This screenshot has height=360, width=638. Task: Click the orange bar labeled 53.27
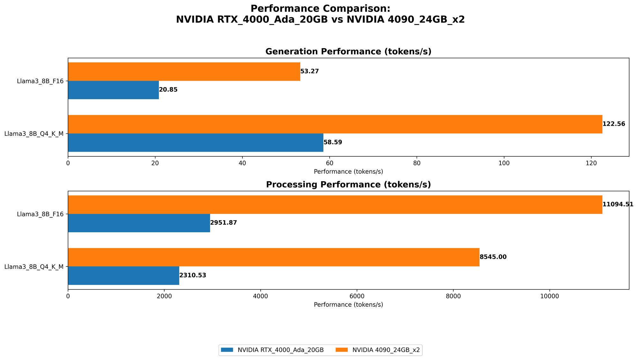click(184, 71)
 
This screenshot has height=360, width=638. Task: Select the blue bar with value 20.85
click(113, 90)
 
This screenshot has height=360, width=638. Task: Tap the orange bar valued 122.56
click(335, 124)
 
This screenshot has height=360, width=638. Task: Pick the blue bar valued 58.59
click(196, 143)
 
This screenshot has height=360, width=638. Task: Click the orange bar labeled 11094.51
click(335, 205)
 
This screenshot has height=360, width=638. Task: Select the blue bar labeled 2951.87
click(139, 223)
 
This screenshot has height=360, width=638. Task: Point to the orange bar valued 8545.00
click(274, 257)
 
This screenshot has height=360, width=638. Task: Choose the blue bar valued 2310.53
click(123, 276)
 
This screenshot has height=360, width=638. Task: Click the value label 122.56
click(613, 124)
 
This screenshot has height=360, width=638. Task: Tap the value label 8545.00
click(493, 257)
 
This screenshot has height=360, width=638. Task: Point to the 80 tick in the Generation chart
click(417, 163)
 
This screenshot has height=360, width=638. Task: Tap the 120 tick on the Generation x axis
click(591, 163)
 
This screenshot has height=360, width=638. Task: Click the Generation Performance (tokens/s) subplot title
click(348, 52)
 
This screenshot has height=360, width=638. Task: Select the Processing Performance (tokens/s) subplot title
click(348, 185)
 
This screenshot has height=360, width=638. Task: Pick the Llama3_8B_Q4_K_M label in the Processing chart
click(34, 267)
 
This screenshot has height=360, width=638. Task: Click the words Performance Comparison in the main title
click(320, 9)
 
